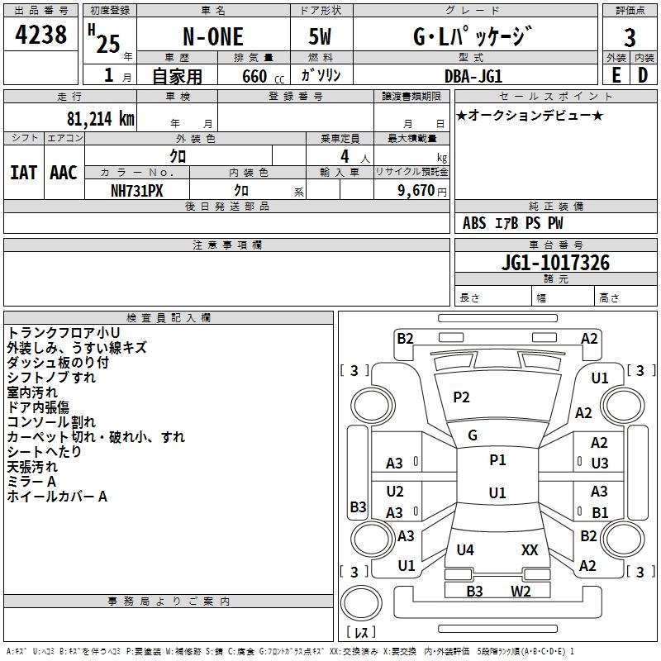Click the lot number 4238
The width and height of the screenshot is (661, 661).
[x=40, y=35]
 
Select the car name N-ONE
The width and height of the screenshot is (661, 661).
[x=213, y=36]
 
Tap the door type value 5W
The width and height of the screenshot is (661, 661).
[x=320, y=36]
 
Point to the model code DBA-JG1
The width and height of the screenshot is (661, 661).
[x=473, y=76]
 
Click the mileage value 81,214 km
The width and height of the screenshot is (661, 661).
[x=100, y=119]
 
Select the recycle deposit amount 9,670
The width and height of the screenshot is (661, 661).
[x=416, y=191]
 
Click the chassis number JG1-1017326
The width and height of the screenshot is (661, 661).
[x=555, y=263]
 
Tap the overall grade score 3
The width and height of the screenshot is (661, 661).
[x=630, y=38]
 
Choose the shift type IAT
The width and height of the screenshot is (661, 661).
[x=24, y=173]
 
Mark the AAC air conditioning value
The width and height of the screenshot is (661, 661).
[x=64, y=173]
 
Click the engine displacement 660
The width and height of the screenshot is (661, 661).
[x=254, y=77]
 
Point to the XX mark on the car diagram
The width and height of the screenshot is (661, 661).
[x=530, y=549]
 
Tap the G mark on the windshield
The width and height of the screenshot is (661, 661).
[x=473, y=435]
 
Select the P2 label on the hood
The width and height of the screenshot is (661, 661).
[x=461, y=397]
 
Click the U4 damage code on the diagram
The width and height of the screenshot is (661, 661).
[x=465, y=549]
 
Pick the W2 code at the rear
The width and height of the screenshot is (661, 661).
[x=521, y=591]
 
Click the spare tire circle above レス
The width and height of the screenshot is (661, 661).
[x=361, y=603]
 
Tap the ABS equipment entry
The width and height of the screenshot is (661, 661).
[x=474, y=223]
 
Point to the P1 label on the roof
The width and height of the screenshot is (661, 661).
[x=497, y=460]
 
